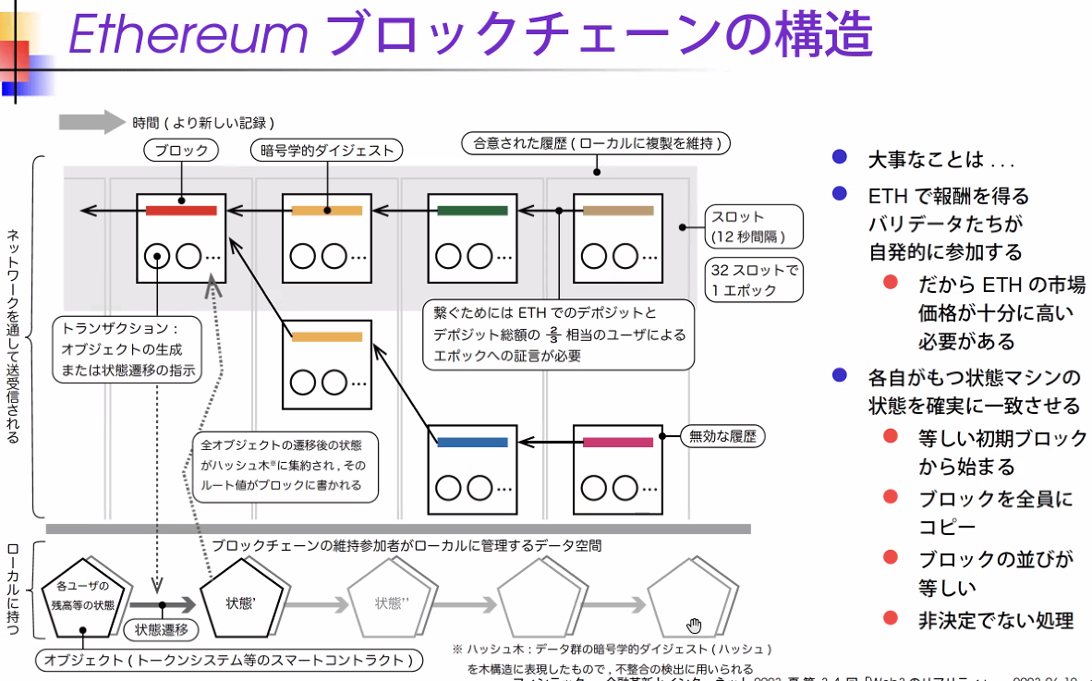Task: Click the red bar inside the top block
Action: click(x=181, y=211)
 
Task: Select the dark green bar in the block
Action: click(x=473, y=211)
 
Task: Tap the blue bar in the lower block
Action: click(x=472, y=443)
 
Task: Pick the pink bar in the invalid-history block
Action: click(x=618, y=443)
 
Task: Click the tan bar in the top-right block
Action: click(x=618, y=211)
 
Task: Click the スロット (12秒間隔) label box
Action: click(x=752, y=226)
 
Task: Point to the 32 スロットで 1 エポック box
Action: click(x=752, y=280)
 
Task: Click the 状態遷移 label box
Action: click(x=162, y=630)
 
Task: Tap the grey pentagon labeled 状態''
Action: click(x=391, y=603)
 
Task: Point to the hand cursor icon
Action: click(x=694, y=626)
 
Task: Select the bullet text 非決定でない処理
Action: click(x=996, y=620)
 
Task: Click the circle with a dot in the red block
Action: click(x=159, y=256)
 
